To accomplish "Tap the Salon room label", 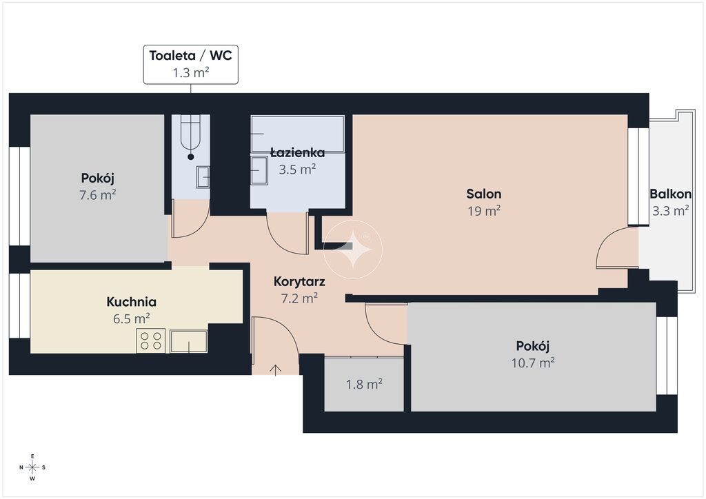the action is (x=483, y=194).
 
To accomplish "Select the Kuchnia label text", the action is (x=132, y=301).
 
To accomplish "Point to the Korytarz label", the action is (x=299, y=282).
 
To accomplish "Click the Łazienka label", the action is (x=298, y=152).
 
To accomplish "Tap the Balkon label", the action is (x=670, y=194).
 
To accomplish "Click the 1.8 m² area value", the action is (x=364, y=385).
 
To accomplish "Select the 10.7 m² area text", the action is (x=533, y=363).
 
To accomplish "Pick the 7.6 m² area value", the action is (x=98, y=195).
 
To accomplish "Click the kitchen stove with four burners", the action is (x=151, y=340).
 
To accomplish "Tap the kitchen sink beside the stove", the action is (x=189, y=342).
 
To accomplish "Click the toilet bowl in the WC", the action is (x=190, y=133).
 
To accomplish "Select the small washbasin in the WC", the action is (x=203, y=177).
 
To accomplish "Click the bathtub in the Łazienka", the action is (x=298, y=134).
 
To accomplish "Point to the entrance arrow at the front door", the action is (x=276, y=369).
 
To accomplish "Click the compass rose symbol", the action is (x=32, y=467).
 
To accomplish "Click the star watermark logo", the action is (x=353, y=250).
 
